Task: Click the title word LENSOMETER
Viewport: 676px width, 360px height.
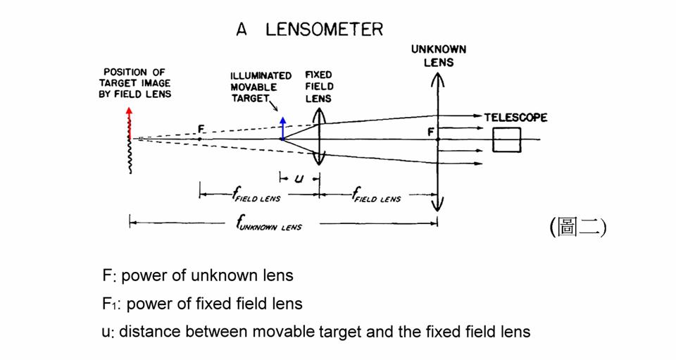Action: [x=325, y=30]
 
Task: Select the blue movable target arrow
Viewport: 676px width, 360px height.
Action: [x=282, y=128]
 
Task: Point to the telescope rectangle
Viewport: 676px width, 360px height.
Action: [x=506, y=139]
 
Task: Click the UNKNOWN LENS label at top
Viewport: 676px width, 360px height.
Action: [x=439, y=56]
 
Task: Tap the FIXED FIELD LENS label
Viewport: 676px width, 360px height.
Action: [x=319, y=87]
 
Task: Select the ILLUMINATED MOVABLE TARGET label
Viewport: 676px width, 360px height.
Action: [x=261, y=87]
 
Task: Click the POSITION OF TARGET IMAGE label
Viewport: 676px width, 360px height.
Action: [x=137, y=83]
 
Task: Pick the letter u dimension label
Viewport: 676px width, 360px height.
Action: [x=299, y=178]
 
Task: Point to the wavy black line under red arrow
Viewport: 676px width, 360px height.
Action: [x=130, y=156]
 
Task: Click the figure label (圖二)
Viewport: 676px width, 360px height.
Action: [x=577, y=227]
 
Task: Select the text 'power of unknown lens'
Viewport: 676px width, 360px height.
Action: [x=208, y=275]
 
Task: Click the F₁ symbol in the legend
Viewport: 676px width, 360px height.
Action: [x=108, y=304]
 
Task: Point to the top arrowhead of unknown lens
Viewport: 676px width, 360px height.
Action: [x=438, y=77]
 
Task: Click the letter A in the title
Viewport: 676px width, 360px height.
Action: [x=242, y=30]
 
